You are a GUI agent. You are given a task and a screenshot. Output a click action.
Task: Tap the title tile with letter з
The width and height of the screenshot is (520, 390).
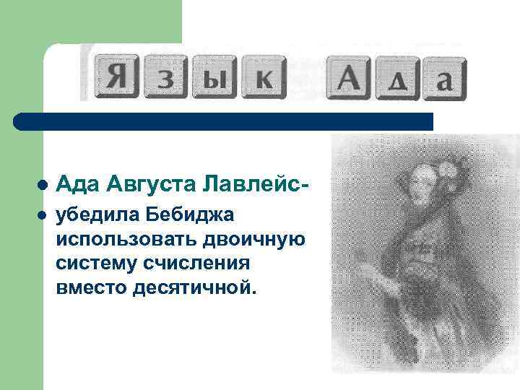pos(165,78)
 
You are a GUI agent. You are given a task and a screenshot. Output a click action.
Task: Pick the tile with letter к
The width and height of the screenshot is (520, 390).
pos(261,78)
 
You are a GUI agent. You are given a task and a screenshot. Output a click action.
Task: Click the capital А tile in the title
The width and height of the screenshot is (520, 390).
pos(350,77)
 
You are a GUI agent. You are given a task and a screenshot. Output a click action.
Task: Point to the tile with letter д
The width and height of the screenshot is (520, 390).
pos(397,79)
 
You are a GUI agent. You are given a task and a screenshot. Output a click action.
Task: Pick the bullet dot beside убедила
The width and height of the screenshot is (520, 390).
pos(43,215)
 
